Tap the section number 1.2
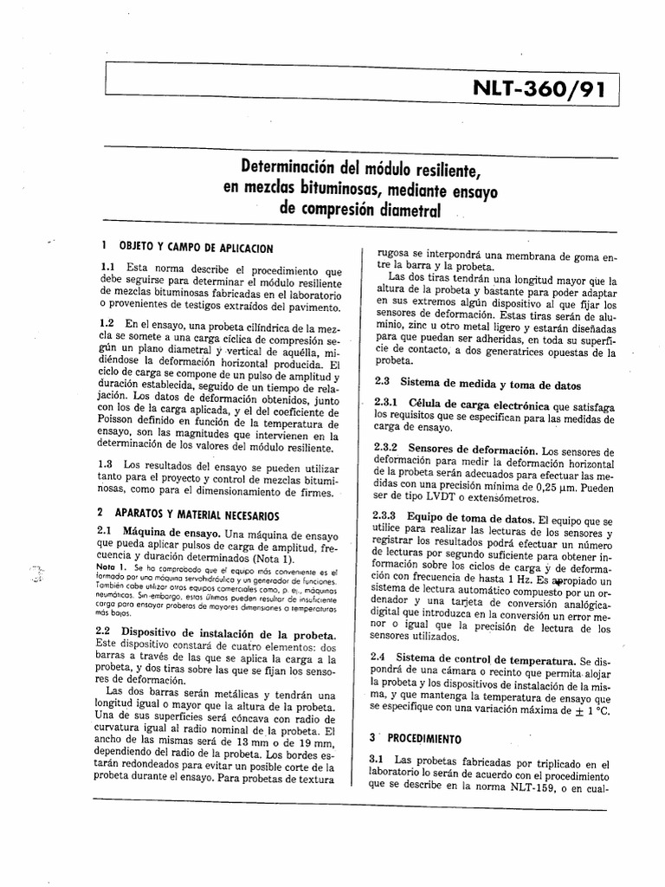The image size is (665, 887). point(107,323)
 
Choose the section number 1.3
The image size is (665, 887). point(107,464)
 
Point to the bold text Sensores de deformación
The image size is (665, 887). point(473,451)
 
